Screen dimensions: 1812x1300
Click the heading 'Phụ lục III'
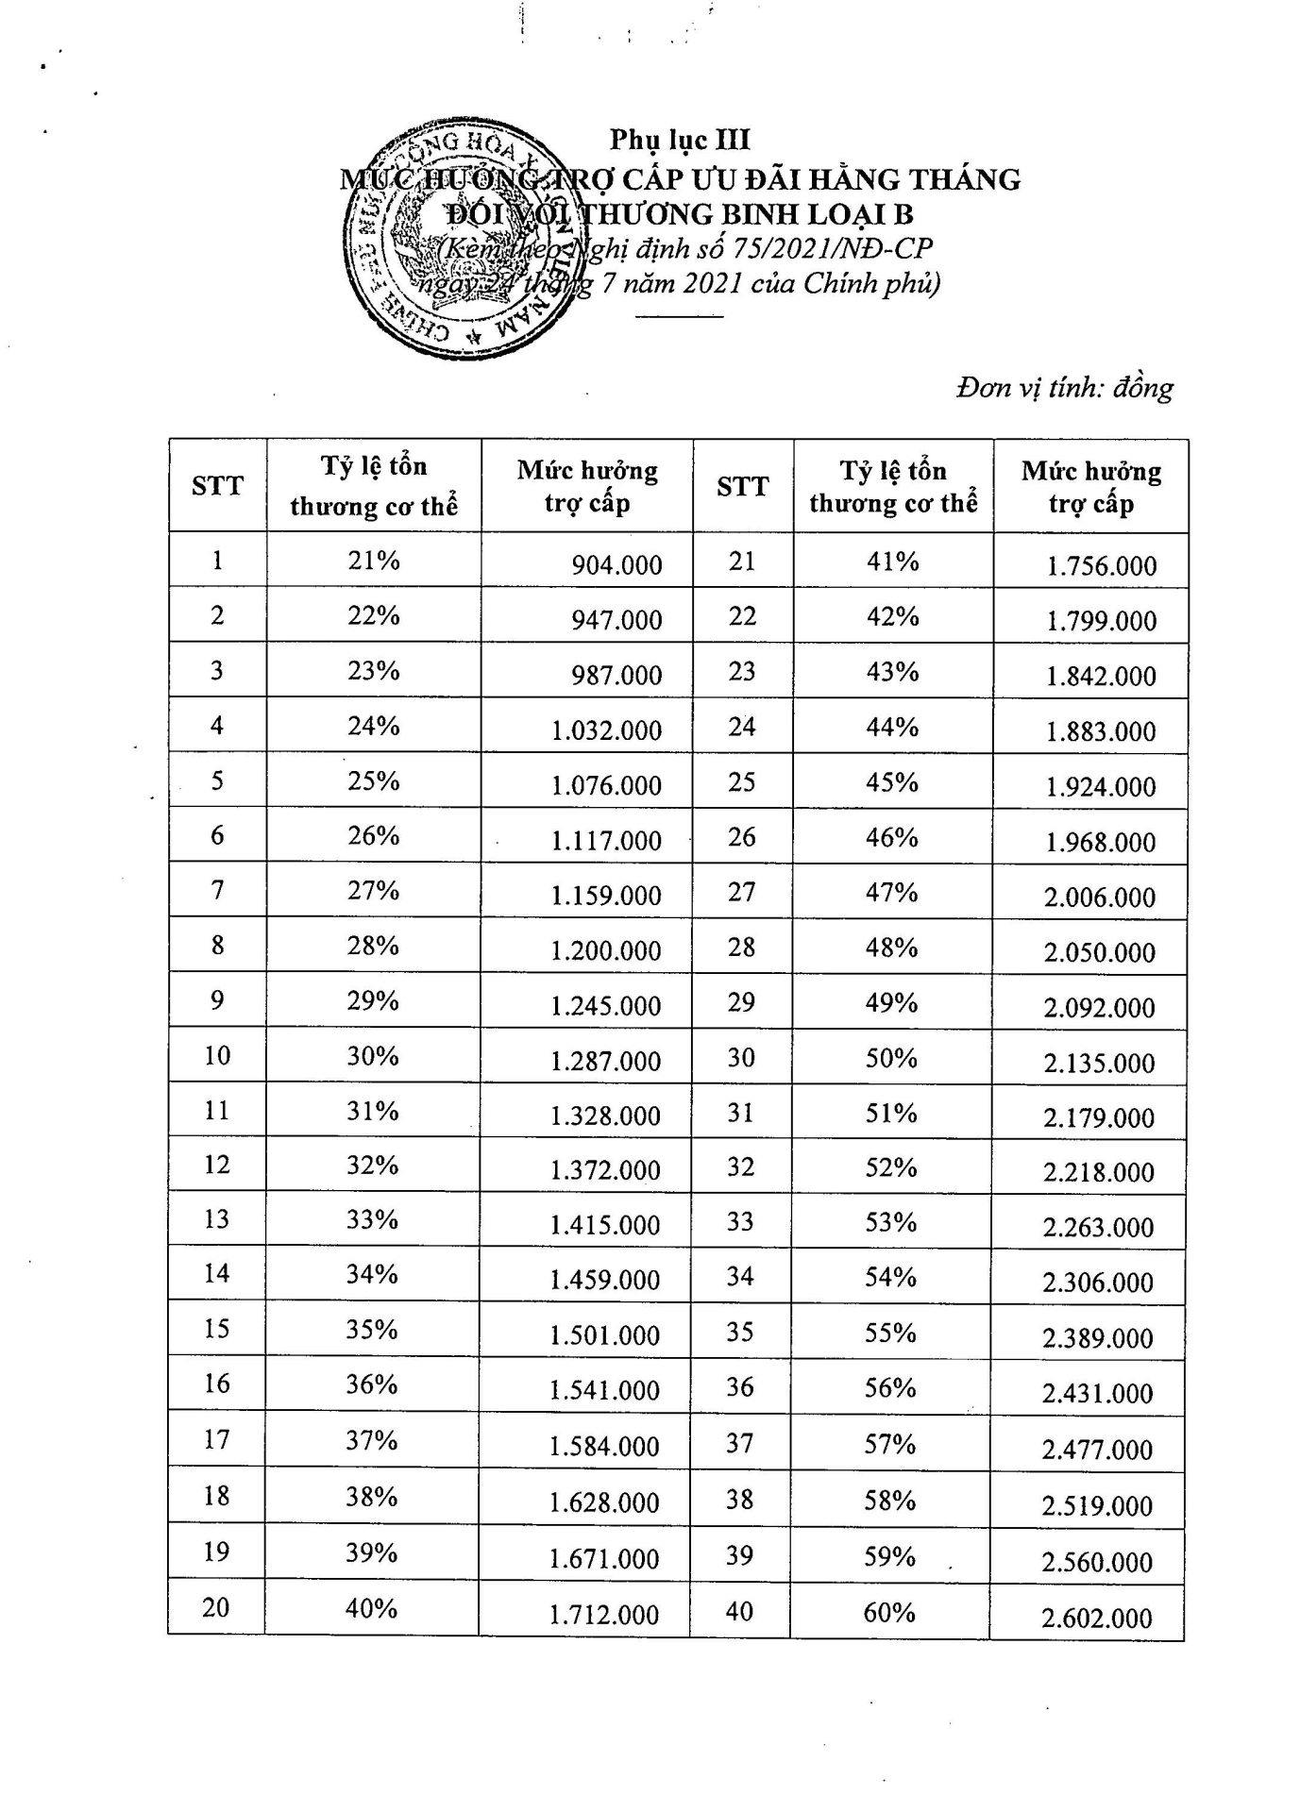[680, 140]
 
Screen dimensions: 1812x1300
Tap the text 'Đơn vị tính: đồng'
[1064, 388]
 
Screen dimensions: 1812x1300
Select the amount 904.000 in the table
[616, 565]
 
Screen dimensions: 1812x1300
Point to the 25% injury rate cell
[373, 781]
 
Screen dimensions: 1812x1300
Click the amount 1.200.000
[606, 950]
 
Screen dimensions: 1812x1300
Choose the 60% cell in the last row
[889, 1612]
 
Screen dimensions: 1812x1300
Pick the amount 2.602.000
[1097, 1619]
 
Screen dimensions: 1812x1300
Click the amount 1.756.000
[1101, 566]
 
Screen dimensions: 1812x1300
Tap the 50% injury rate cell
[891, 1058]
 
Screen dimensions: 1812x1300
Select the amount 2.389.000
[1098, 1338]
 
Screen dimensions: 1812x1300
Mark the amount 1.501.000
[605, 1334]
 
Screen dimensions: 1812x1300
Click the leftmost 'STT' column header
[217, 486]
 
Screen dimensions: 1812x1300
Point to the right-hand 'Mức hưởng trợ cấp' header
[1090, 487]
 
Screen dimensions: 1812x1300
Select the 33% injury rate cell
[372, 1219]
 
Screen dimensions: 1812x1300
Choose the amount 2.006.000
[1100, 898]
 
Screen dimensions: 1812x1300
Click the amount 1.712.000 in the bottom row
[604, 1615]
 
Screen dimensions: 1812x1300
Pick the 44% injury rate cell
[892, 727]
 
